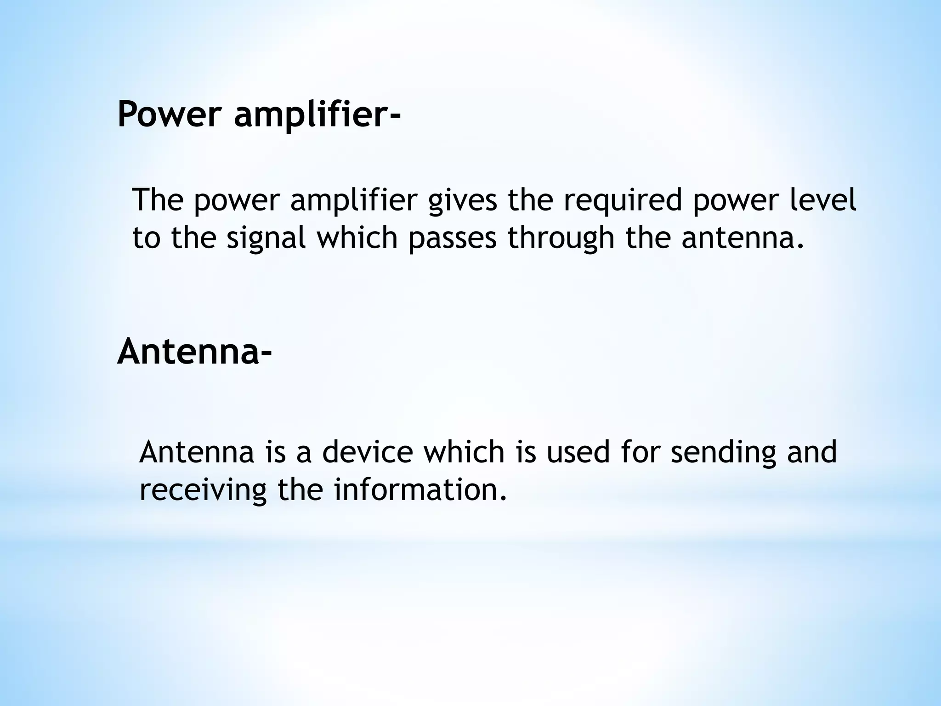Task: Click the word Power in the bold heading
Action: click(x=170, y=114)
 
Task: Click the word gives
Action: click(x=463, y=201)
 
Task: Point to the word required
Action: click(x=623, y=201)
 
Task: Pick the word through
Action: click(x=561, y=239)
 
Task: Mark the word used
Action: click(x=578, y=452)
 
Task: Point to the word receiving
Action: click(x=203, y=490)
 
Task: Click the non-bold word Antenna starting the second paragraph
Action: click(x=196, y=452)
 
